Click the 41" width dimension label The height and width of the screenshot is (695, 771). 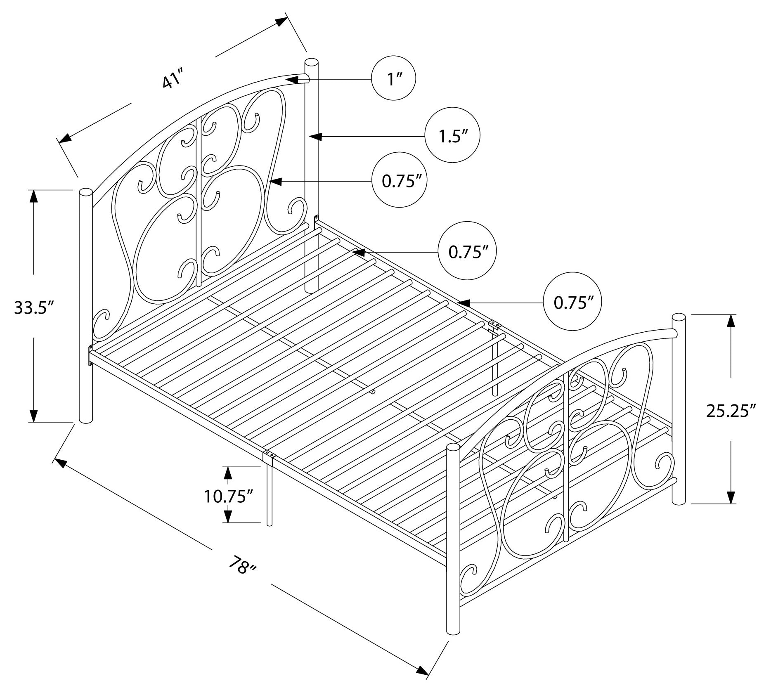coord(172,79)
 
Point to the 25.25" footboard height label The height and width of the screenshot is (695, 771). coord(731,411)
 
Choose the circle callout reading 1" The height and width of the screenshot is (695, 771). coord(393,78)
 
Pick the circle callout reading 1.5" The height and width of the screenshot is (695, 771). coord(452,135)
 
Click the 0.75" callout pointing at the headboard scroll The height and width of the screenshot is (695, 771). coord(398,181)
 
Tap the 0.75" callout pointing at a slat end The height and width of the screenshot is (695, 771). coord(466,252)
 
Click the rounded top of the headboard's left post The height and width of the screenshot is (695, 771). coord(85,193)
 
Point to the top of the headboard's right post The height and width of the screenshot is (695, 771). coord(311,63)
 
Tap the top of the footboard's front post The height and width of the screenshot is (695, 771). coord(453,447)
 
